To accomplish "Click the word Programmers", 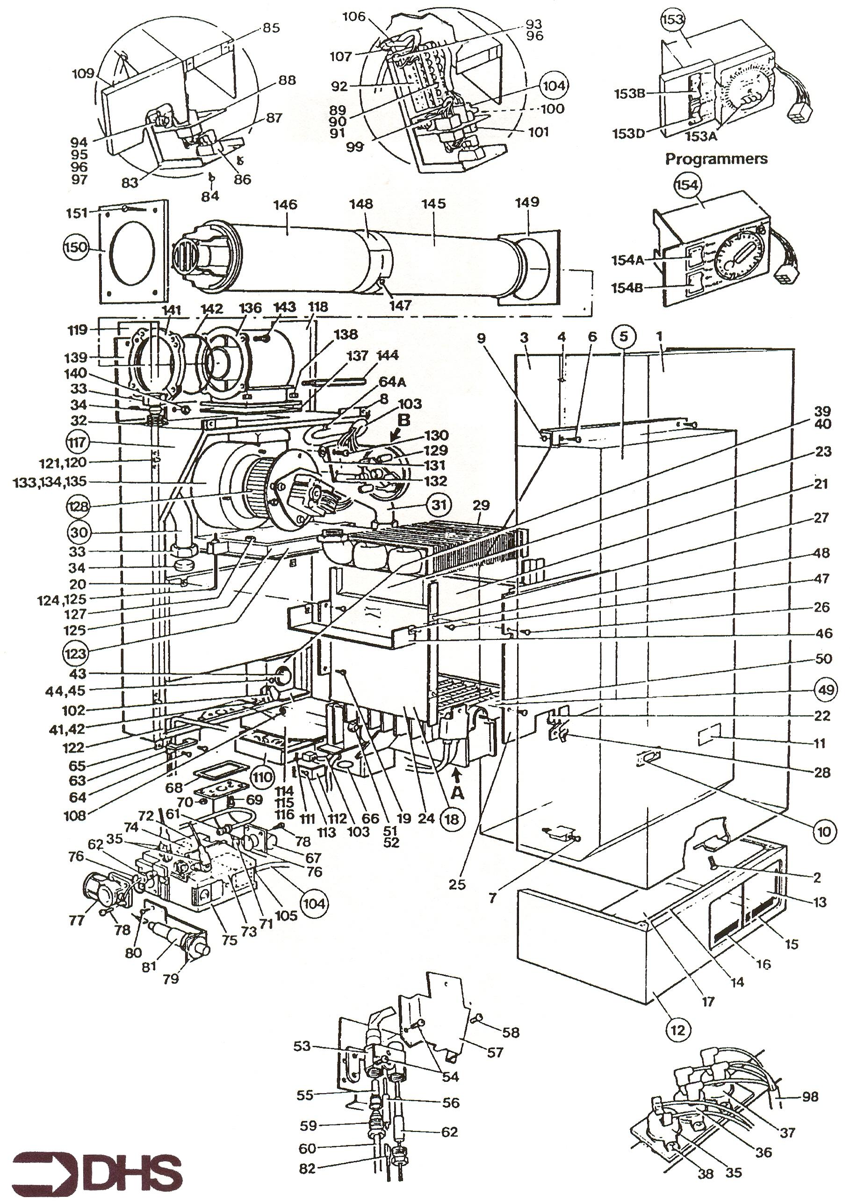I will pyautogui.click(x=716, y=159).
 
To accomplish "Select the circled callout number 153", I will pyautogui.click(x=672, y=20).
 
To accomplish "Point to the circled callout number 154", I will pyautogui.click(x=687, y=184).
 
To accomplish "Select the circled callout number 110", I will pyautogui.click(x=261, y=777).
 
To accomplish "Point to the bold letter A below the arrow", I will pyautogui.click(x=457, y=793).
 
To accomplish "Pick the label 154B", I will pyautogui.click(x=627, y=288).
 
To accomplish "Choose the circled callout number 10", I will pyautogui.click(x=824, y=831).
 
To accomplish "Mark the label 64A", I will pyautogui.click(x=392, y=382).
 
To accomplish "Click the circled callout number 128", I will pyautogui.click(x=78, y=507).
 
